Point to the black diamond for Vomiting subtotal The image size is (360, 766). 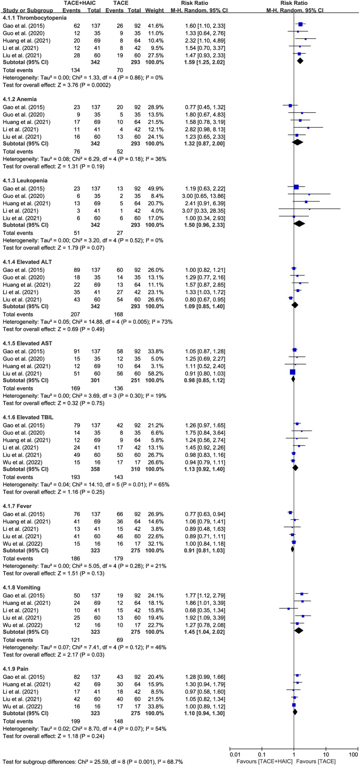coord(299,630)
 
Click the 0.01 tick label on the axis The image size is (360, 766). coord(236,751)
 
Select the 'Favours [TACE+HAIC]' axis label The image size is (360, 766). coord(260,758)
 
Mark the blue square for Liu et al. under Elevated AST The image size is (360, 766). coord(292,372)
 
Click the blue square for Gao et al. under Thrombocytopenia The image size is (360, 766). coord(300,24)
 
